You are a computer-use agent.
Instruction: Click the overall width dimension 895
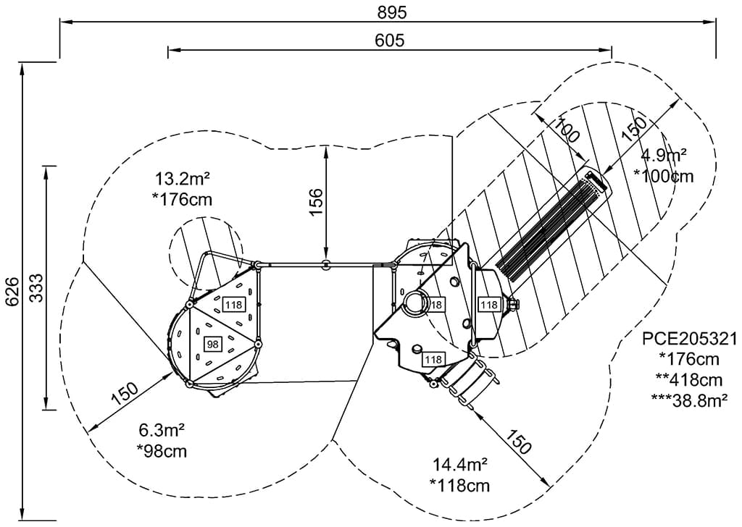click(392, 12)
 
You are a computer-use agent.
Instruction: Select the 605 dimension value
click(390, 41)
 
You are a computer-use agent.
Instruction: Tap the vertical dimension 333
click(34, 287)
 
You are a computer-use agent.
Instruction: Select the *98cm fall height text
click(162, 451)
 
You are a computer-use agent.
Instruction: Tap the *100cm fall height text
click(663, 176)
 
